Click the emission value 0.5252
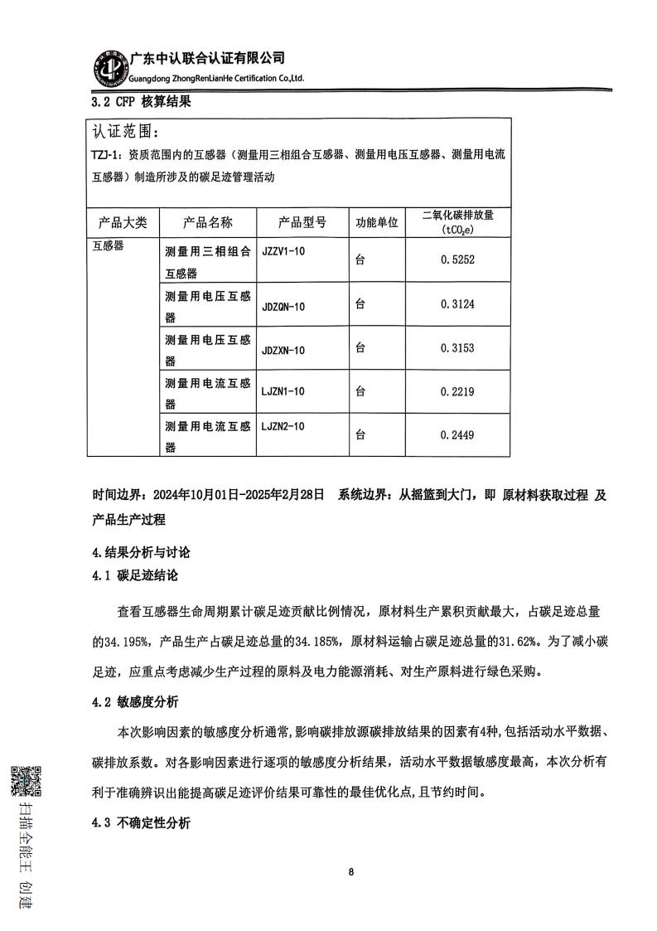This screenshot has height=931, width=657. pyautogui.click(x=457, y=259)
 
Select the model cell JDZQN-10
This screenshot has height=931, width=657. pyautogui.click(x=283, y=307)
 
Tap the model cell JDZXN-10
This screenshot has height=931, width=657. pyautogui.click(x=283, y=351)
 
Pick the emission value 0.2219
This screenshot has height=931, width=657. pyautogui.click(x=457, y=391)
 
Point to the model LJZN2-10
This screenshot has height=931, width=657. pyautogui.click(x=283, y=426)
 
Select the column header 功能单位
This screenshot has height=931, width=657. pyautogui.click(x=376, y=223)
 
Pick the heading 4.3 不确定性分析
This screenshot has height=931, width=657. pyautogui.click(x=141, y=823)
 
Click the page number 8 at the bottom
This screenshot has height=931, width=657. pyautogui.click(x=351, y=872)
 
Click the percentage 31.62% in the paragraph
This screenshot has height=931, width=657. pyautogui.click(x=514, y=641)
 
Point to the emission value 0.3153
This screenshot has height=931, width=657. pyautogui.click(x=457, y=348)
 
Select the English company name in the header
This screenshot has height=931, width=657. pyautogui.click(x=216, y=78)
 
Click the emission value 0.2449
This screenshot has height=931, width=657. pyautogui.click(x=457, y=434)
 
